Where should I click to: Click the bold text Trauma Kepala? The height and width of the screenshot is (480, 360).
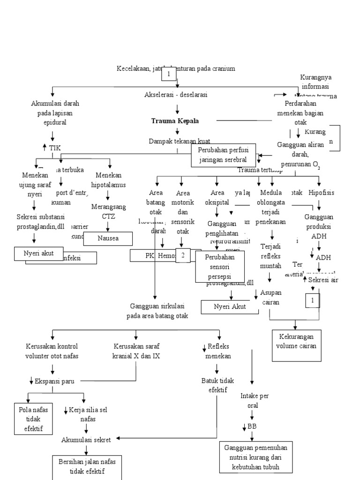[x=175, y=121]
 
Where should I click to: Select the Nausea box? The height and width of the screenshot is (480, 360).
[x=108, y=238]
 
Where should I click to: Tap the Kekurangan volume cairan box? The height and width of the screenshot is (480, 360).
[x=295, y=346]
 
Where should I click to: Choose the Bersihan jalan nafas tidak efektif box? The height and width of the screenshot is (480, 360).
[x=87, y=466]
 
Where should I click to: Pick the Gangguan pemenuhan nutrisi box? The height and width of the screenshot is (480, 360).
[x=255, y=457]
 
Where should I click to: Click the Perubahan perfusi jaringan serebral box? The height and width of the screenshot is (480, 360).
[x=223, y=155]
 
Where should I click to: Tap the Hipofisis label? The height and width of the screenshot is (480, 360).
[x=322, y=193]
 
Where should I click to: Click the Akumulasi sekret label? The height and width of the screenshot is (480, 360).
[x=86, y=440]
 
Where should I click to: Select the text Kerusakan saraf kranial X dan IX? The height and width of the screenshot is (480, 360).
[x=136, y=351]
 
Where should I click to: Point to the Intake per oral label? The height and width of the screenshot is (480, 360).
[x=254, y=400]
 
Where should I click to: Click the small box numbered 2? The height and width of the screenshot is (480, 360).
[x=183, y=255]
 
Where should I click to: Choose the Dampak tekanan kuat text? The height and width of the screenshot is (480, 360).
[x=180, y=141]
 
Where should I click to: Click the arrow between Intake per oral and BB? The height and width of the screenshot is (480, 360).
[x=252, y=415]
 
